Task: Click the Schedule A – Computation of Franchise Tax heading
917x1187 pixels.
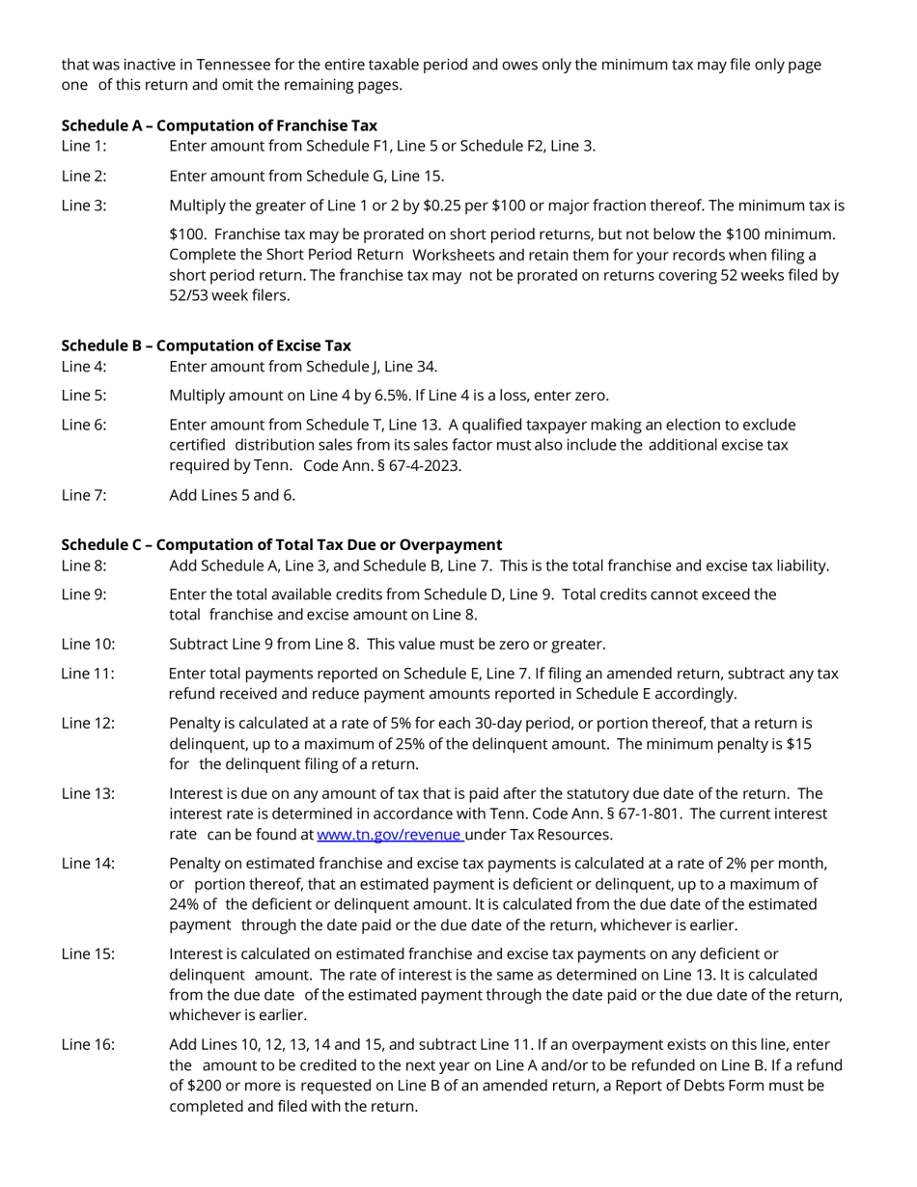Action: [x=219, y=125]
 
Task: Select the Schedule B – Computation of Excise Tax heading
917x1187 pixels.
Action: [x=206, y=345]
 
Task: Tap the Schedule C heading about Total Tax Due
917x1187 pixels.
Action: [x=281, y=544]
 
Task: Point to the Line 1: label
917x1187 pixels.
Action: [x=84, y=147]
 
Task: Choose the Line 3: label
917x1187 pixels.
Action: [x=84, y=206]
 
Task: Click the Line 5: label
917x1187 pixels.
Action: [x=84, y=396]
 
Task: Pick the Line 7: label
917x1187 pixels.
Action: [x=84, y=496]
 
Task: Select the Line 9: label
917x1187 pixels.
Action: [x=84, y=594]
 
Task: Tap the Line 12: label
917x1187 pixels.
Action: [x=88, y=724]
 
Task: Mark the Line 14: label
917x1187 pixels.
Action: [x=88, y=863]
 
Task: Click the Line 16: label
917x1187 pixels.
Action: [x=88, y=1045]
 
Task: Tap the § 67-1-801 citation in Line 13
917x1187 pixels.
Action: [x=641, y=814]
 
